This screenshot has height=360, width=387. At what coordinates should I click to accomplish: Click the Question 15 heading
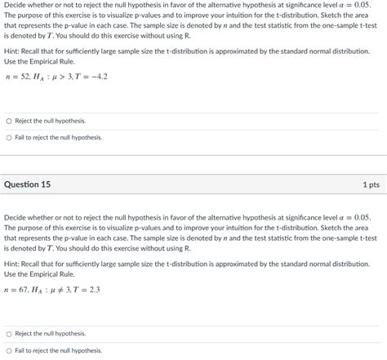pos(28,184)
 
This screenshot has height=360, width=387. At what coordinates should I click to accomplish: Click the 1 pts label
pos(371,184)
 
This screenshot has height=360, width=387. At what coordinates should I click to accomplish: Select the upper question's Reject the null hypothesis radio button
pos(9,121)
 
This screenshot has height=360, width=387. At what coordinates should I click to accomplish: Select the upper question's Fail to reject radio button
pos(9,137)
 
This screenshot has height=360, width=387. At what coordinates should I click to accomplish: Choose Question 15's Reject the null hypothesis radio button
pos(9,333)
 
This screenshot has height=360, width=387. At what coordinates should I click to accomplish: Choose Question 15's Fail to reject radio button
pos(9,350)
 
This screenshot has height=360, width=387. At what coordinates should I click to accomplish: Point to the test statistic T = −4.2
pos(91,77)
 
